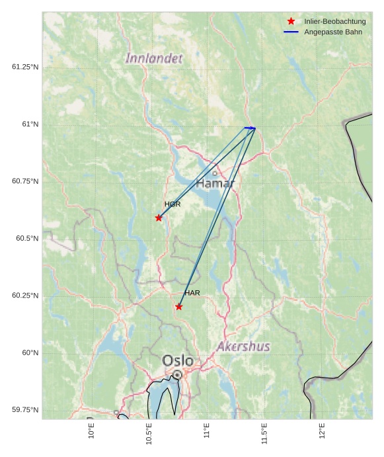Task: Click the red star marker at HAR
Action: [x=179, y=306]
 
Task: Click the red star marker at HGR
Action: [x=159, y=218]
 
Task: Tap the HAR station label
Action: [x=192, y=293]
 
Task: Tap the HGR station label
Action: [x=173, y=204]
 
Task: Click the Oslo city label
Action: [x=178, y=360]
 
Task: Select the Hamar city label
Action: [x=215, y=183]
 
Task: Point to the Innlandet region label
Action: [x=154, y=58]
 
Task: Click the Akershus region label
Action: [x=243, y=346]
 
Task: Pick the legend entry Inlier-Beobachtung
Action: [x=334, y=22]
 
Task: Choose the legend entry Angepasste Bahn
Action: [x=332, y=32]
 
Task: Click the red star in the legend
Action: [x=291, y=21]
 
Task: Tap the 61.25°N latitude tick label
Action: [x=25, y=67]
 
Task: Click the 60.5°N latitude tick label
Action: [x=25, y=238]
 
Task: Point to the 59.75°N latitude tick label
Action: [x=25, y=410]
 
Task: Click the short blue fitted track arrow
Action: [x=250, y=128]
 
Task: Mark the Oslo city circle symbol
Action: [x=177, y=375]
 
